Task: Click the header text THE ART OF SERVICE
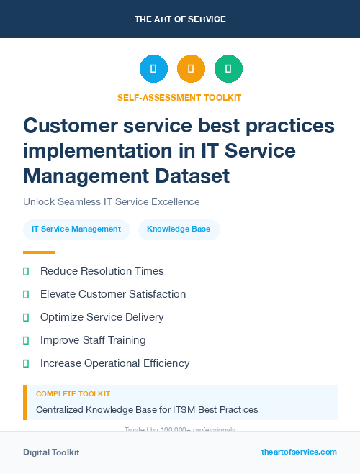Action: point(180,19)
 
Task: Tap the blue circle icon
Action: point(153,69)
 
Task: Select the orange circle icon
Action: point(191,69)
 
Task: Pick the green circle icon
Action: point(228,69)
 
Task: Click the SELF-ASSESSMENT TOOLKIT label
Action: point(179,97)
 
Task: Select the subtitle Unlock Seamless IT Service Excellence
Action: point(111,201)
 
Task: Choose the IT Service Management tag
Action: point(76,229)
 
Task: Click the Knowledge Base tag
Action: point(179,229)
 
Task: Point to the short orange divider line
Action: point(39,252)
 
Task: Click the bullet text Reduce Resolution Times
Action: point(102,271)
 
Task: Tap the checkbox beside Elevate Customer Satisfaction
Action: point(26,294)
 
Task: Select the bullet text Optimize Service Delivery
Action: point(102,317)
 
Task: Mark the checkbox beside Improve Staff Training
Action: point(26,340)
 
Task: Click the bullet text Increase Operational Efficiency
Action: point(115,363)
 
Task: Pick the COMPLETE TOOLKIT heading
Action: point(73,394)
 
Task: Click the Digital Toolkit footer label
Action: point(51,452)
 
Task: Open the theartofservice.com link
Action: point(299,452)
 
